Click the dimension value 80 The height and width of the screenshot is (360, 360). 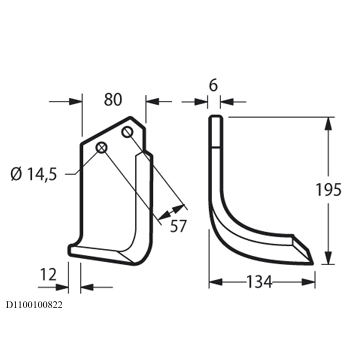point(113,100)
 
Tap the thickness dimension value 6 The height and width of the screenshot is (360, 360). point(213,85)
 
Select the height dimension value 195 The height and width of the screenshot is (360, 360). point(328,190)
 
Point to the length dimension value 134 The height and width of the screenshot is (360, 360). point(259,282)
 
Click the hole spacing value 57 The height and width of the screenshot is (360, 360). point(178,226)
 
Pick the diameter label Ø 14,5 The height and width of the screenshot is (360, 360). point(34,174)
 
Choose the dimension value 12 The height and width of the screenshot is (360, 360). point(48,275)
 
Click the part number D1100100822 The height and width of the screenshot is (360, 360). point(34,305)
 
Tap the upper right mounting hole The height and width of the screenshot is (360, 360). point(127,132)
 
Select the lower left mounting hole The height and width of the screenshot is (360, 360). point(101,147)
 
